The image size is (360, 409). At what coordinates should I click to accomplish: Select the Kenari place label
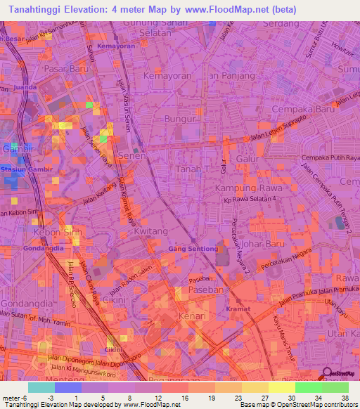(192, 317)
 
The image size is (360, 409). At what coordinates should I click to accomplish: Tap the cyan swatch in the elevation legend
(41, 387)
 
